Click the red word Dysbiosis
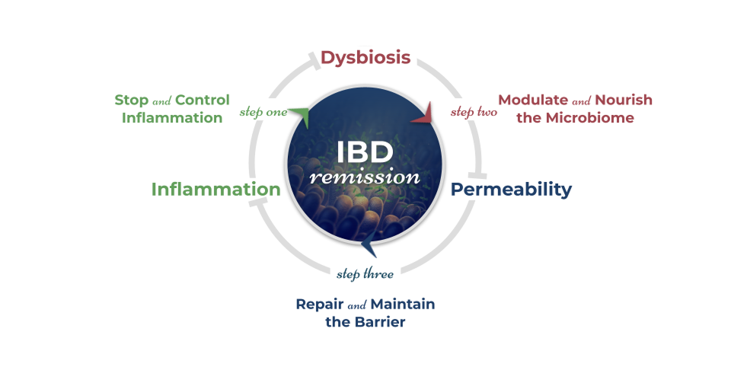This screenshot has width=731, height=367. pyautogui.click(x=365, y=58)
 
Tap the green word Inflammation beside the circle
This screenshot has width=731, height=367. pyautogui.click(x=215, y=189)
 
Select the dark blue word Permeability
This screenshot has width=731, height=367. pyautogui.click(x=511, y=189)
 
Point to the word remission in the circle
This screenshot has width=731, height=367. pyautogui.click(x=365, y=177)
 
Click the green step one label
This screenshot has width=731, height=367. pyautogui.click(x=263, y=112)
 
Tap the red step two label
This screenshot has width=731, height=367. pyautogui.click(x=474, y=113)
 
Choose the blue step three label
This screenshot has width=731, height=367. pyautogui.click(x=365, y=274)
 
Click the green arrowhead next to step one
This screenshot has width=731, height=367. pyautogui.click(x=300, y=115)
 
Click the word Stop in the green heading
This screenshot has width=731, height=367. pyautogui.click(x=132, y=101)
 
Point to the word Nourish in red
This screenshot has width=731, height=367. pyautogui.click(x=624, y=101)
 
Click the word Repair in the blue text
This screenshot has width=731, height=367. pyautogui.click(x=320, y=305)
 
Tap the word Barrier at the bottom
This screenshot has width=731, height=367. pyautogui.click(x=380, y=322)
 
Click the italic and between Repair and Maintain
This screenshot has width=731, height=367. pyautogui.click(x=357, y=305)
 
